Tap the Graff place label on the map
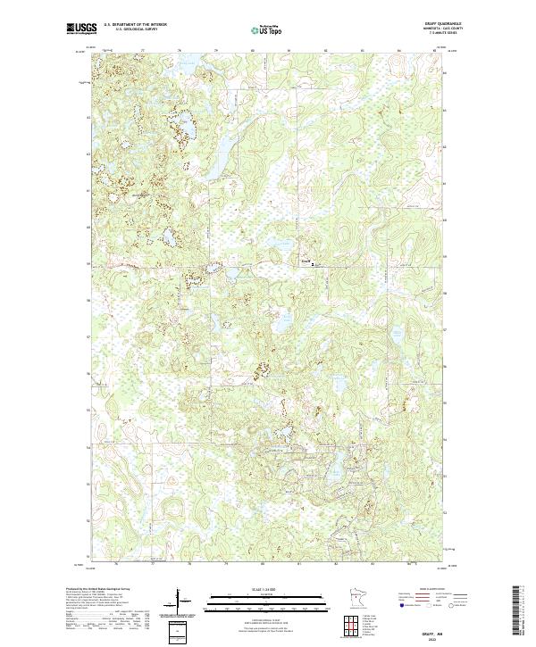pos(305,261)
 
